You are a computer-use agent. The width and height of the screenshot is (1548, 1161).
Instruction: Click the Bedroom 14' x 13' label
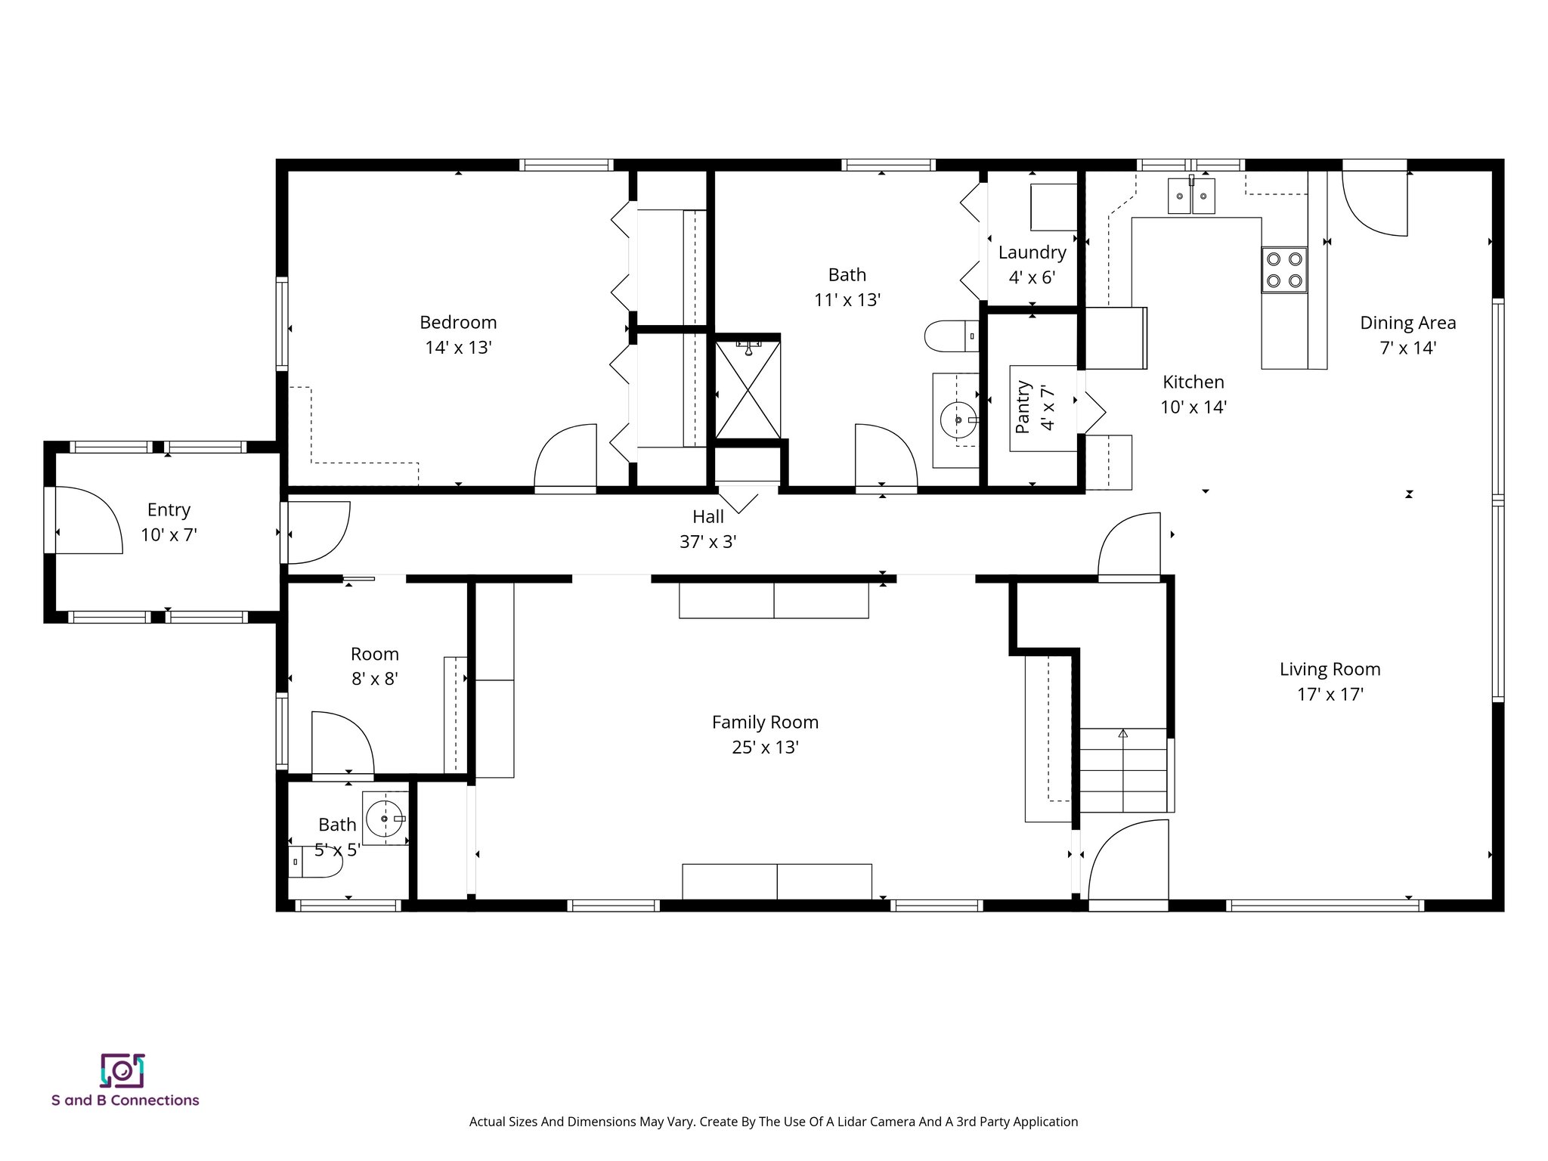458,335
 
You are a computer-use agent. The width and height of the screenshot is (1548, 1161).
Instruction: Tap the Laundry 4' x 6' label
1032,265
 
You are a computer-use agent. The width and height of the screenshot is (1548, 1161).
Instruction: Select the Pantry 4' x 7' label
1035,407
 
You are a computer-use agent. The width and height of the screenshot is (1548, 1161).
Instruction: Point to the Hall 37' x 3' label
708,529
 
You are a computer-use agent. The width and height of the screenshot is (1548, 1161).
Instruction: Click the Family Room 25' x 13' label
765,734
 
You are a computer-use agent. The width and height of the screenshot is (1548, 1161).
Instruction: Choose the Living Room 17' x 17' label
1330,681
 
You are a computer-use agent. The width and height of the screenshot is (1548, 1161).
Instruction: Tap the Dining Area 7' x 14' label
1407,335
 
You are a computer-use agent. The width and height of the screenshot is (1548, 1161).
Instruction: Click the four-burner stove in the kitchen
1284,270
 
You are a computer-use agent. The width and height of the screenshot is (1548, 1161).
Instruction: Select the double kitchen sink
1191,196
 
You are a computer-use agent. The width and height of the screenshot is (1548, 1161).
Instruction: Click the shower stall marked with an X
748,390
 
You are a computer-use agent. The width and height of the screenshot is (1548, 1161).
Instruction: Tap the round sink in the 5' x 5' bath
384,819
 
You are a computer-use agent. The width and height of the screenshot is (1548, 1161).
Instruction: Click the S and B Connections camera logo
122,1070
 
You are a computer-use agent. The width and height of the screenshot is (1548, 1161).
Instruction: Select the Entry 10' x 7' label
169,522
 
